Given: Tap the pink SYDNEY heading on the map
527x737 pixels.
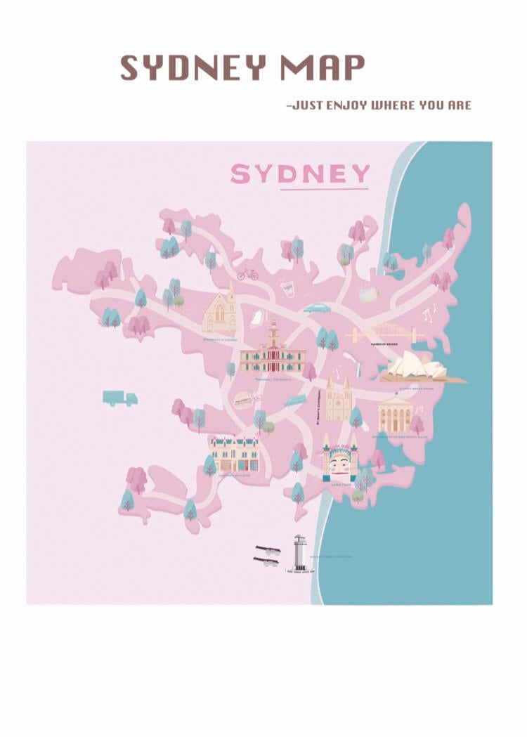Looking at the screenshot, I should pos(300,174).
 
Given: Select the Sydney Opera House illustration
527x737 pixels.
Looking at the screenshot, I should pos(421,367).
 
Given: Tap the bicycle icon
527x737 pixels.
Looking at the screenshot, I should pos(247,273).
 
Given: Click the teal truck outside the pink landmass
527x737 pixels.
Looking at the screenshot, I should pos(119,398).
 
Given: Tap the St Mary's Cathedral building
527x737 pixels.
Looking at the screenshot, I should pos(338,399).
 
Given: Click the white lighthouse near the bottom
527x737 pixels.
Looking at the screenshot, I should pos(300,553).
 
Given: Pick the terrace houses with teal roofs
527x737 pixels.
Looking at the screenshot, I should pos(234,454).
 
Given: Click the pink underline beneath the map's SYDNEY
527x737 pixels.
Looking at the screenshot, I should pos(324,189).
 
